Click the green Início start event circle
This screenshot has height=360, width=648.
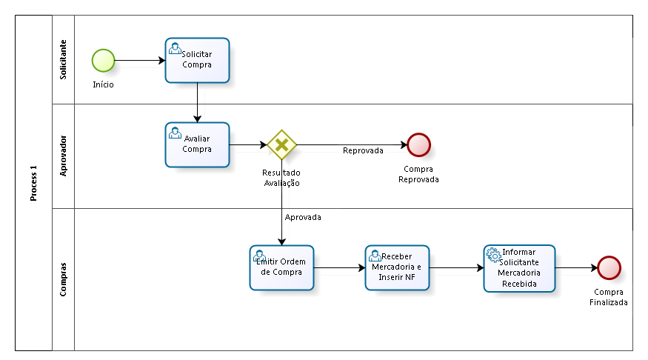click(103, 61)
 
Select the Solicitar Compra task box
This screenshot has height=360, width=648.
click(197, 60)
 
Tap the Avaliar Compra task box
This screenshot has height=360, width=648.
click(197, 144)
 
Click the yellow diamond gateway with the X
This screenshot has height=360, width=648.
click(282, 144)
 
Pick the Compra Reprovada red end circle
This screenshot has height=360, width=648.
click(418, 144)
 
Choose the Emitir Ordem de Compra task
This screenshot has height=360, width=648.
click(281, 268)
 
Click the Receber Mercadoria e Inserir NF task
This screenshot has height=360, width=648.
click(397, 268)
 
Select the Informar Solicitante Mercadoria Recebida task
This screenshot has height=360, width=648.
click(519, 268)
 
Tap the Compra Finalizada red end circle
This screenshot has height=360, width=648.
click(609, 268)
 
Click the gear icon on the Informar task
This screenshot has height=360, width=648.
click(494, 255)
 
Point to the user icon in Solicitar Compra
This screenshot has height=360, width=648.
click(175, 48)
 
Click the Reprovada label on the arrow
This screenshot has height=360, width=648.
click(363, 150)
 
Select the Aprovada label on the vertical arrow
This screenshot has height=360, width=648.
click(303, 217)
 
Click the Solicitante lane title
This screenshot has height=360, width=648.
click(63, 59)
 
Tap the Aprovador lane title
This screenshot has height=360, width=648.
click(63, 156)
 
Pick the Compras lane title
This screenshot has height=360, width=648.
click(63, 279)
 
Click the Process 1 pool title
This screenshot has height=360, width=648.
click(33, 183)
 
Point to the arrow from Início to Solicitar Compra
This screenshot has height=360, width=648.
click(140, 61)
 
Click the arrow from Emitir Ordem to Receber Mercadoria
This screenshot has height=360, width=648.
click(340, 268)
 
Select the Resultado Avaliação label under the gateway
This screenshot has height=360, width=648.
click(281, 178)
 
